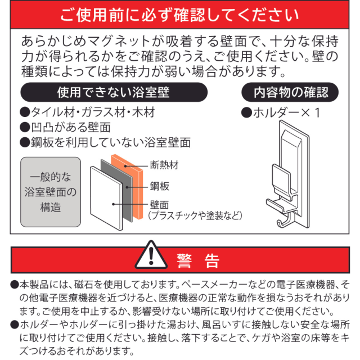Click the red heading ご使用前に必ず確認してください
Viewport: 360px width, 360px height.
coord(179,15)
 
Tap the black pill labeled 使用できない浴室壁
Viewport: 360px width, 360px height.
coord(114,92)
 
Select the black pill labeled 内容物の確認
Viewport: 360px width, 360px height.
coord(290,92)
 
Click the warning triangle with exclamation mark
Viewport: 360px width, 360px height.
coord(151,255)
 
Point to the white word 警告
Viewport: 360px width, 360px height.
coord(198,261)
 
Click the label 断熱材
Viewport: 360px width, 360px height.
coord(164,165)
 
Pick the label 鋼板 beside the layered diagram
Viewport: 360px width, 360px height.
coord(160,186)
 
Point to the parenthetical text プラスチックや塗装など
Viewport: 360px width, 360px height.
coord(195,215)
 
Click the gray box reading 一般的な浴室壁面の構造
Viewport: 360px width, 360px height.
coord(51,192)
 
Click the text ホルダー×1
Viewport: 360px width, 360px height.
coord(286,113)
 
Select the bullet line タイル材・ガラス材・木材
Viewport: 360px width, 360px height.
coord(88,112)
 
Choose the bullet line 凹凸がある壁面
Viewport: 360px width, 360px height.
coord(65,128)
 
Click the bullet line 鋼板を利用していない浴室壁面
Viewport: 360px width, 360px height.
coord(105,142)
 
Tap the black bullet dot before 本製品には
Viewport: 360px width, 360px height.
coord(14,285)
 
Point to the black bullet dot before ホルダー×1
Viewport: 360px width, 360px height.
coord(247,113)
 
